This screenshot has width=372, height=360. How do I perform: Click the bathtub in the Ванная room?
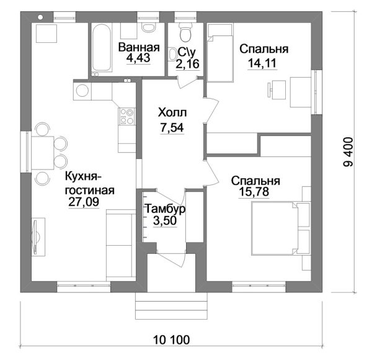coord(101,47)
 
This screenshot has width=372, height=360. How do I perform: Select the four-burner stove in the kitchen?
coord(127,116)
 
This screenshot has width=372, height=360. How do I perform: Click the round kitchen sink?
coord(82,91)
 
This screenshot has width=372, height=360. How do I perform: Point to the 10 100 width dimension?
coord(172,340)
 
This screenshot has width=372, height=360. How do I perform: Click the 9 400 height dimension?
coord(348,152)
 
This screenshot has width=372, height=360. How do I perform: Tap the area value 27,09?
coord(84,202)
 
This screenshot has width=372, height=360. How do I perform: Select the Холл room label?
coord(172,112)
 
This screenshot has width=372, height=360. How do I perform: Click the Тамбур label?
coord(165,209)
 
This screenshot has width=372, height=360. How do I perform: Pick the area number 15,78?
coord(254,192)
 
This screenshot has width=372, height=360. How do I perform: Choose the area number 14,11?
coord(262,63)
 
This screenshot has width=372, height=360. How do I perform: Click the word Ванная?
coord(139,47)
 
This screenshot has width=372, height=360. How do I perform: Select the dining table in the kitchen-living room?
coord(43,153)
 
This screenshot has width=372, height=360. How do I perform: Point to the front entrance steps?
coord(171,307)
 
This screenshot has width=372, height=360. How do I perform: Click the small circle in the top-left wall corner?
coord(40,17)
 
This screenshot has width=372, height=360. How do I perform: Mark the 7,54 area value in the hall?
coord(172,128)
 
